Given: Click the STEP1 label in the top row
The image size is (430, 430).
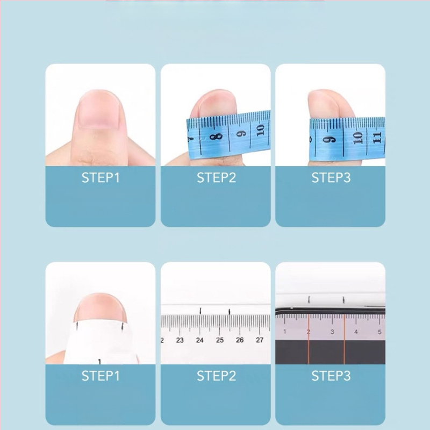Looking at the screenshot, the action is (101, 178).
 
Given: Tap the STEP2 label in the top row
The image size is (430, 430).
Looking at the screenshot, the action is (216, 178).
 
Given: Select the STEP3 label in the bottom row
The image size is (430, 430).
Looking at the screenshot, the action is (331, 376).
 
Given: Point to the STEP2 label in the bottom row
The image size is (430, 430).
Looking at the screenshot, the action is (216, 376).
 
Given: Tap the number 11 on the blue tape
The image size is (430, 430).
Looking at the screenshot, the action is (377, 138).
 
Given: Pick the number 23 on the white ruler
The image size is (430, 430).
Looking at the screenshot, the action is (180, 340).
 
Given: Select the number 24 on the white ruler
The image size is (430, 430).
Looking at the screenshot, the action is (199, 340).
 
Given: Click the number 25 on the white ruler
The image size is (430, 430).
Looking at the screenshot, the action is (220, 340).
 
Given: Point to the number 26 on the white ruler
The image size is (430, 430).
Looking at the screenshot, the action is (240, 340).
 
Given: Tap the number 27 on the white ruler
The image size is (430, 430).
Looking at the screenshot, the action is (260, 340).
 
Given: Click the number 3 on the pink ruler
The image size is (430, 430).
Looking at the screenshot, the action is (332, 332).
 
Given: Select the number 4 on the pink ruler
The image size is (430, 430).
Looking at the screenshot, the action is (356, 332).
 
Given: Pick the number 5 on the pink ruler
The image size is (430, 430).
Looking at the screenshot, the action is (379, 332).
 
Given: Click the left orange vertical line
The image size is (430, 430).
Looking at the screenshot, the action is (309, 340).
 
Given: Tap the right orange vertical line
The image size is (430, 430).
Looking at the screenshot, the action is (344, 340).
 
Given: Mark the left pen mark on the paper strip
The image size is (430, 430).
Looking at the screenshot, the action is (77, 326).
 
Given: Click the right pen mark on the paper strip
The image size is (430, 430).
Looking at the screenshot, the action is (123, 326).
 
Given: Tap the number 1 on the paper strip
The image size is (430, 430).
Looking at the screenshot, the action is (99, 362).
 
